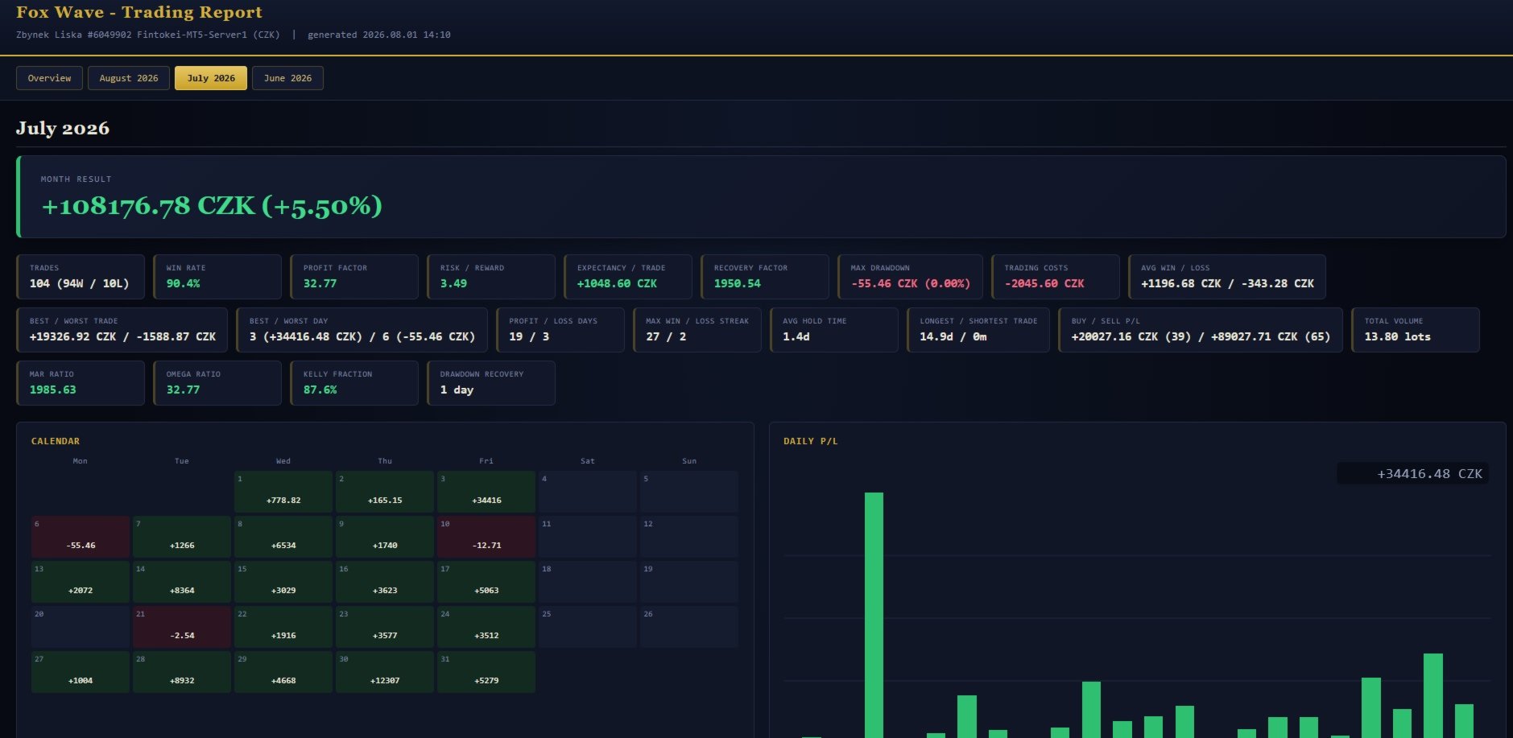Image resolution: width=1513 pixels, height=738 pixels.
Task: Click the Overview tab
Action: (49, 78)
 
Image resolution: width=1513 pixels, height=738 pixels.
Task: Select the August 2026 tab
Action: (129, 78)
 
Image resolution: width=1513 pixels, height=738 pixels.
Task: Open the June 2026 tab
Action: (287, 78)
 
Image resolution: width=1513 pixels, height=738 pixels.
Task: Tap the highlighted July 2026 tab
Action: (211, 78)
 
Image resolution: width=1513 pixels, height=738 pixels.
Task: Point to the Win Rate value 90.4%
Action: (184, 283)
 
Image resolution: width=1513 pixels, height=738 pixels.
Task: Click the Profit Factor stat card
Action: (354, 277)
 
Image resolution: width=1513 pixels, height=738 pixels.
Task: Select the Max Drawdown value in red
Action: (911, 283)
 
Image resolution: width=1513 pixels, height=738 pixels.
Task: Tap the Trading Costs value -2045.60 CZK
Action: (1044, 283)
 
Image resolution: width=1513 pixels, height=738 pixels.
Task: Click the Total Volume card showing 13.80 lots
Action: (1416, 330)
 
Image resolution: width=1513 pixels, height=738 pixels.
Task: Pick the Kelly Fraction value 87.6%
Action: (320, 390)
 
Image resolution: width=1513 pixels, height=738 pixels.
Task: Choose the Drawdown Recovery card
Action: (491, 383)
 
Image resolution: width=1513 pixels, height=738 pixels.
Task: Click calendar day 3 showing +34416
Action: (486, 492)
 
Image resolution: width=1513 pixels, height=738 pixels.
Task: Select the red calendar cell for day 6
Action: (81, 537)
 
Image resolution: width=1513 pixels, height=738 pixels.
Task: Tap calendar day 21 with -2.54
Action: (182, 627)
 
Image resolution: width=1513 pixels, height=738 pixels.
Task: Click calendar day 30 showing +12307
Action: (385, 672)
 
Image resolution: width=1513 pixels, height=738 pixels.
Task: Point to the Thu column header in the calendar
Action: (385, 461)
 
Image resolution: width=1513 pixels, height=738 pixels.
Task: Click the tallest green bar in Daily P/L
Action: (874, 615)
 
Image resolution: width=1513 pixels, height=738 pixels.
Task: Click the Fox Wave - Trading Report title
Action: (139, 12)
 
